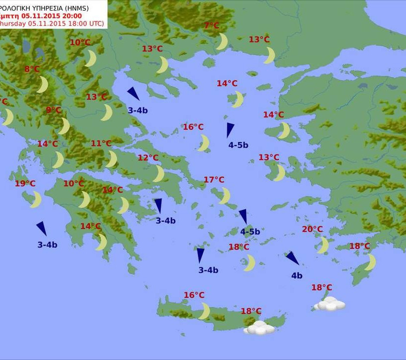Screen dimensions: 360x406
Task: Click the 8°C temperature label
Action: click(x=32, y=69)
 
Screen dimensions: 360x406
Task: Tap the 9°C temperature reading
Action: click(x=53, y=110)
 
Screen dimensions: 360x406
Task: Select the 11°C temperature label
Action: click(x=101, y=144)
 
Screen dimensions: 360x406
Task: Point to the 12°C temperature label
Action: click(x=148, y=158)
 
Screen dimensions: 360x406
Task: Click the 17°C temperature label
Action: click(x=214, y=180)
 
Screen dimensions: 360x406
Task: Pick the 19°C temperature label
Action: click(x=25, y=184)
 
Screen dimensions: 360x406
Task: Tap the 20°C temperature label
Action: click(x=312, y=229)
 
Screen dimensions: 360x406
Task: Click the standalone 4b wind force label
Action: click(x=297, y=276)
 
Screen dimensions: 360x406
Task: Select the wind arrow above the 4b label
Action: click(x=292, y=258)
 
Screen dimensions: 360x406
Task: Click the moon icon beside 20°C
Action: click(x=323, y=245)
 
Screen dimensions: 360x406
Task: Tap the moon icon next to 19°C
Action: click(x=36, y=200)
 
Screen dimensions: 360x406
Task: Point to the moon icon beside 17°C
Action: click(x=225, y=196)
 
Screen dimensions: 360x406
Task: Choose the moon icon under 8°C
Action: click(x=43, y=85)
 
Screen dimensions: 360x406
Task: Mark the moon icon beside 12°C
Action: click(x=158, y=174)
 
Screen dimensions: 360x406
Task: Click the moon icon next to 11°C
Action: click(x=112, y=159)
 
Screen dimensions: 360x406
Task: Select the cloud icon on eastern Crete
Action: click(x=259, y=327)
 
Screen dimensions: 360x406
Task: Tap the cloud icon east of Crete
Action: click(x=330, y=304)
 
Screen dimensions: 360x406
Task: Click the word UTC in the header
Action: click(x=98, y=23)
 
